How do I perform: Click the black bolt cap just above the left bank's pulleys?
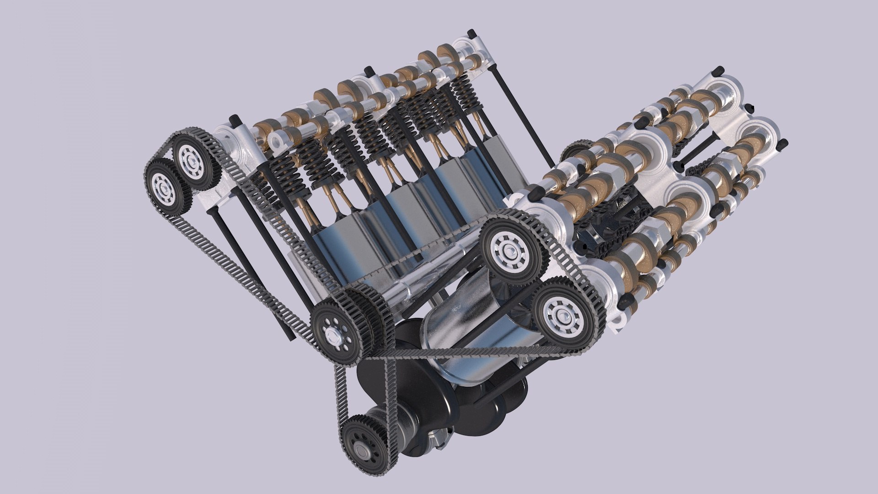[x=235, y=120]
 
